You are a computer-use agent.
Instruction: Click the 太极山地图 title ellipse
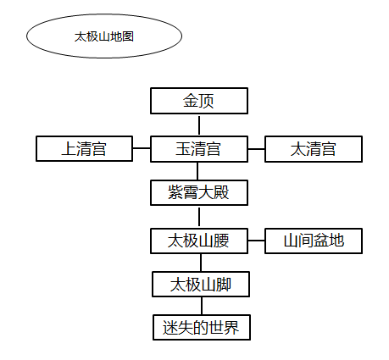tap(104, 36)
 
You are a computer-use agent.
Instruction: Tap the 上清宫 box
tap(84, 150)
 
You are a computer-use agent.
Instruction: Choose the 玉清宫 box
tap(199, 150)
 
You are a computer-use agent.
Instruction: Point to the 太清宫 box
tap(314, 150)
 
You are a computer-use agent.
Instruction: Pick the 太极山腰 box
tap(199, 241)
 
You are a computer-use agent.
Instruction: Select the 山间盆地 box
tap(314, 241)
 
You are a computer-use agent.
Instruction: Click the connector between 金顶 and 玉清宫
tap(199, 125)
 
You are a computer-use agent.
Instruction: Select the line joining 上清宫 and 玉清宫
tap(142, 150)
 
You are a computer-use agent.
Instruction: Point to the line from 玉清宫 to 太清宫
tap(256, 150)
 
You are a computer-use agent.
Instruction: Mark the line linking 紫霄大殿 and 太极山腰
tap(199, 217)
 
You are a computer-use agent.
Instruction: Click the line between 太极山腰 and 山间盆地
tap(256, 241)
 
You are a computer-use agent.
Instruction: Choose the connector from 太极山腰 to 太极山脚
tap(200, 263)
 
